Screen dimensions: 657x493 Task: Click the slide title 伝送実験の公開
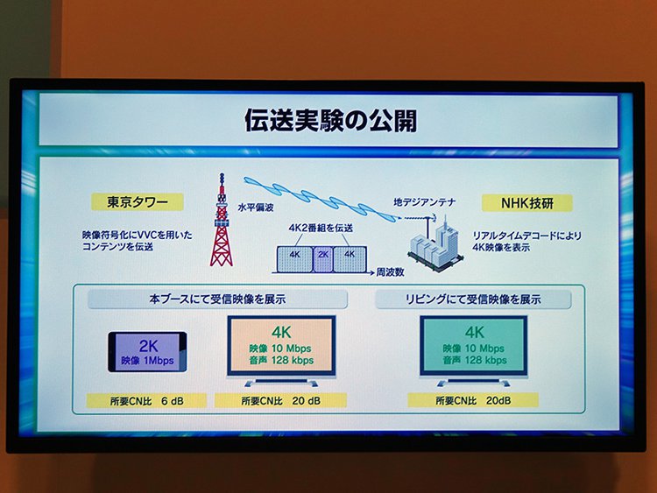[x=330, y=120]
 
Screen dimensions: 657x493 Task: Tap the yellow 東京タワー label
[x=138, y=202]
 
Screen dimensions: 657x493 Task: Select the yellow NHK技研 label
[x=527, y=203]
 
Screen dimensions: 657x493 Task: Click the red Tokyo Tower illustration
[x=222, y=220]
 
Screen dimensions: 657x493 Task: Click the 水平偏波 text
[x=256, y=207]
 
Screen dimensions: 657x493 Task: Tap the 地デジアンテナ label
[x=425, y=202]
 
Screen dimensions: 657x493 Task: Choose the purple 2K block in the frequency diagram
[x=323, y=259]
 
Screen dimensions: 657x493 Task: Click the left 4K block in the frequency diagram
[x=295, y=259]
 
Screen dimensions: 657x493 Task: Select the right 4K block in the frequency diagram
[x=350, y=259]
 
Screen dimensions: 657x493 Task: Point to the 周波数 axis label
[x=390, y=272]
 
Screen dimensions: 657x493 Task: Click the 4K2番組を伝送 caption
[x=321, y=228]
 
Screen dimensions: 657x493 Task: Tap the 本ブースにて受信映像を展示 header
[x=217, y=299]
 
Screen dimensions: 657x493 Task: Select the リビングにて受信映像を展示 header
[x=473, y=299]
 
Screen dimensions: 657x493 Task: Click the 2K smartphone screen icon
[x=147, y=352]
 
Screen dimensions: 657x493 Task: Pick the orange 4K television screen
[x=281, y=347]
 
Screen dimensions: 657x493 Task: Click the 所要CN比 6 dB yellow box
[x=146, y=401]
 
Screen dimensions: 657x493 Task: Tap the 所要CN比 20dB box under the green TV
[x=473, y=400]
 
